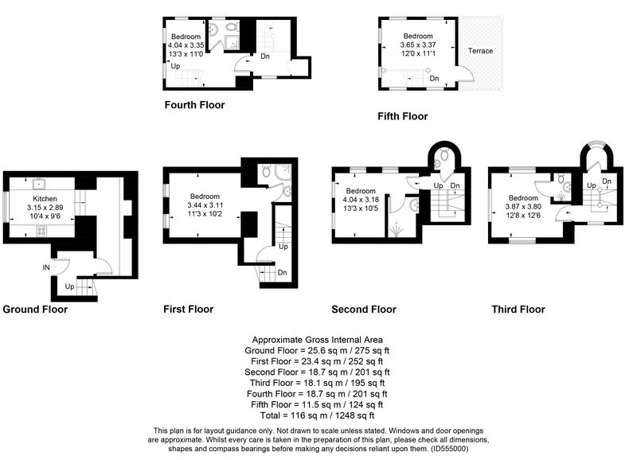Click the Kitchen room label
tap(45, 198)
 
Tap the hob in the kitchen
tap(41, 232)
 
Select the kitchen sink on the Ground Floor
tap(39, 184)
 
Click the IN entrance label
tap(46, 267)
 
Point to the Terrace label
tap(480, 51)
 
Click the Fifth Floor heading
tap(403, 116)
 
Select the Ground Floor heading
tap(35, 310)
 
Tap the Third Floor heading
tap(518, 310)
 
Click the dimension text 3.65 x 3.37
tap(418, 45)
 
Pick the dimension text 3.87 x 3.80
tap(523, 206)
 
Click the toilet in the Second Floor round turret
tap(444, 154)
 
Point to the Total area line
tap(317, 415)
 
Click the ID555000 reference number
tap(448, 449)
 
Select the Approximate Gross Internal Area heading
tap(317, 340)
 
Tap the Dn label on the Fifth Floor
tap(434, 78)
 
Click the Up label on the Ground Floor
tap(69, 287)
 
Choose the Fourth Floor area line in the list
tap(317, 394)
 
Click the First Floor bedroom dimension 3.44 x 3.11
tap(205, 205)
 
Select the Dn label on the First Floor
tap(283, 272)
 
